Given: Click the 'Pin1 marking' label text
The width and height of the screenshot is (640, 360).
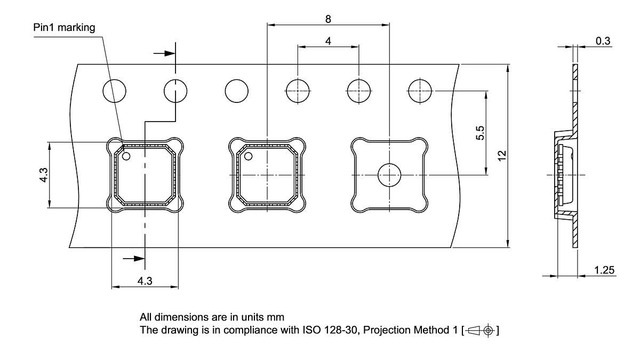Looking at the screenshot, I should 64,28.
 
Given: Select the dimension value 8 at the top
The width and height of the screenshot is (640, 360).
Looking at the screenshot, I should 328,19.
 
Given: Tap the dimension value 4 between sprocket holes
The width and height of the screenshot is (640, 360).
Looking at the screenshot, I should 328,41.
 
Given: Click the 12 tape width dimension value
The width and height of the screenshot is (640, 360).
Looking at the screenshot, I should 501,155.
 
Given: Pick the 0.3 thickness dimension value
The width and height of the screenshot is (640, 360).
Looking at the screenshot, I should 603,41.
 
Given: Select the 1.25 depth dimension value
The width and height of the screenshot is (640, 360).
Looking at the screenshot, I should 604,270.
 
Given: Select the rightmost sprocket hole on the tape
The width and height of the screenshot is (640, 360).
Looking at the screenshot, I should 420,91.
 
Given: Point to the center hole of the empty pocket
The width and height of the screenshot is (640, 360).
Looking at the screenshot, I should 389,175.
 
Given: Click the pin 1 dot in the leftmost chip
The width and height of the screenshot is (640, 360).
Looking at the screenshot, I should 126,157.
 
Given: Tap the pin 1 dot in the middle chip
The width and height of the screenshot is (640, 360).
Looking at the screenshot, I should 248,157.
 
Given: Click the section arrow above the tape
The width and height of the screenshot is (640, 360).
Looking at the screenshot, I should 164,53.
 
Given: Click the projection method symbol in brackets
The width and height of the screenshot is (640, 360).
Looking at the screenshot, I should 482,331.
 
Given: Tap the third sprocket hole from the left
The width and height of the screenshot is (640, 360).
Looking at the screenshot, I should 237,91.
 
